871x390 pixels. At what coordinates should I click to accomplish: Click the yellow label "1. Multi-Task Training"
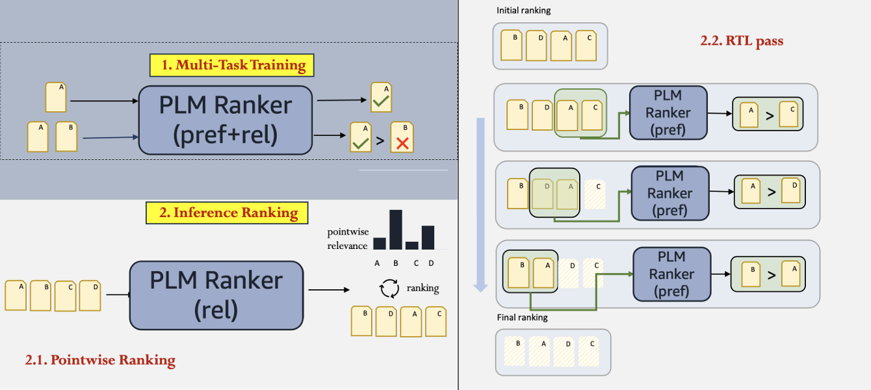pyautogui.click(x=231, y=65)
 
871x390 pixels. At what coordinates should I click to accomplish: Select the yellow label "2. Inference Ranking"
pyautogui.click(x=227, y=213)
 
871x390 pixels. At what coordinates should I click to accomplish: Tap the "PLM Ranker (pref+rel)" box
pyautogui.click(x=226, y=120)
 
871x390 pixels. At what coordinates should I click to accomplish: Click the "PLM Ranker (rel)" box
pyautogui.click(x=216, y=295)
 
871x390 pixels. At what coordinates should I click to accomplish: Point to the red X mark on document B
pyautogui.click(x=402, y=144)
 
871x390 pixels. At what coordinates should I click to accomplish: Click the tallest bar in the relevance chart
pyautogui.click(x=395, y=229)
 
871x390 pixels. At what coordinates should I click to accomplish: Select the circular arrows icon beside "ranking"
pyautogui.click(x=389, y=288)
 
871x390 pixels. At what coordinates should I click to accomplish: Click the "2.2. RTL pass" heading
pyautogui.click(x=742, y=41)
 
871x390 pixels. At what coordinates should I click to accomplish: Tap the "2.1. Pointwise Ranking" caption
pyautogui.click(x=100, y=360)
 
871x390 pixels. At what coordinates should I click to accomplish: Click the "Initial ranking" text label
pyautogui.click(x=523, y=11)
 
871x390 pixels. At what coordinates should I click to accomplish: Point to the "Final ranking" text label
pyautogui.click(x=522, y=318)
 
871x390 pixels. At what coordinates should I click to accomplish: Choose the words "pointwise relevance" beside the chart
pyautogui.click(x=347, y=239)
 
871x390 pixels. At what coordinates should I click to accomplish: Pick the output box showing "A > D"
pyautogui.click(x=770, y=192)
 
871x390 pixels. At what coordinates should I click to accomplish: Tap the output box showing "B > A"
pyautogui.click(x=770, y=274)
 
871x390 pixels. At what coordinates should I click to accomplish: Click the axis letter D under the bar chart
pyautogui.click(x=430, y=263)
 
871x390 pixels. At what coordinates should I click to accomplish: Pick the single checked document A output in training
pyautogui.click(x=381, y=97)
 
